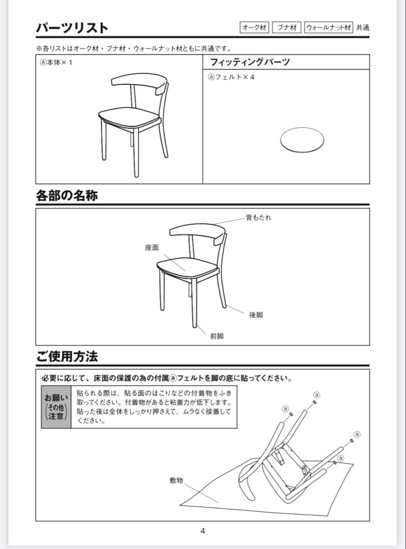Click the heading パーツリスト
coord(72,27)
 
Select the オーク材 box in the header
coord(254,27)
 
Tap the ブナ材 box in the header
coord(287,27)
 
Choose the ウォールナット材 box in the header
coord(328,27)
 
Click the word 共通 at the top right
coord(363,27)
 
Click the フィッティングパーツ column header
coord(250,62)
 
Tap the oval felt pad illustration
coord(302,139)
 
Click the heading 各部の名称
coord(67,196)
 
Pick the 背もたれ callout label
coord(258,217)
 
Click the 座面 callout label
coord(152,248)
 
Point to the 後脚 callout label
coord(256,315)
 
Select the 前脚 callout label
coord(217,336)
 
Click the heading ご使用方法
coord(67,356)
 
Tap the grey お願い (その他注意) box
coord(56,407)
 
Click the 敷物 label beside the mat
coord(177,480)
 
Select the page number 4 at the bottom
coord(202,531)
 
